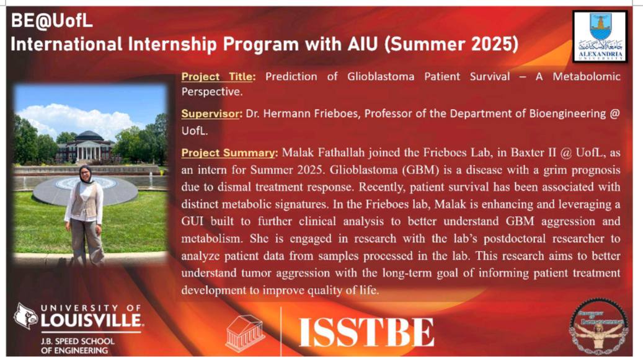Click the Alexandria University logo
tap(600, 37)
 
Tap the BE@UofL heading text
tap(51, 21)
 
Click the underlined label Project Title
tap(219, 77)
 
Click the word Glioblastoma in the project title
tap(381, 77)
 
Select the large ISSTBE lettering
tap(366, 332)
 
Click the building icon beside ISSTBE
tap(245, 333)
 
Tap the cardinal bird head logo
tap(25, 316)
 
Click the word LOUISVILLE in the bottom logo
tap(92, 320)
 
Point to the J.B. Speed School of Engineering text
tap(78, 346)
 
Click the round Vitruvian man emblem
tap(598, 326)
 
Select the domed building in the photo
tap(86, 147)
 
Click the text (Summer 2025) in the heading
tap(451, 44)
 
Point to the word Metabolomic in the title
tap(587, 77)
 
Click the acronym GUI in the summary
tap(192, 221)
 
